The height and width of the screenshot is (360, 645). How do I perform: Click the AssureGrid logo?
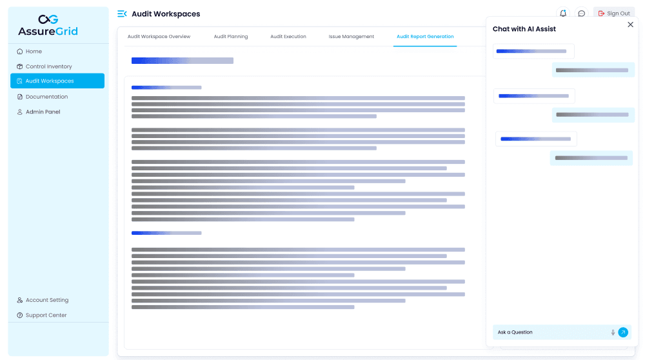[x=48, y=25]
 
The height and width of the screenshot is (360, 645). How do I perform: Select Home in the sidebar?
[x=34, y=52]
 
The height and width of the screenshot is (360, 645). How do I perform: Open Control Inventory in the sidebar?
[x=48, y=66]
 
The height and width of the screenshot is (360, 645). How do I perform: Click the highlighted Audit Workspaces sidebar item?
[x=57, y=81]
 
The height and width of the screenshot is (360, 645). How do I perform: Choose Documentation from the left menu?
[x=46, y=97]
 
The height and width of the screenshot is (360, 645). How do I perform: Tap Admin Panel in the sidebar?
[x=43, y=112]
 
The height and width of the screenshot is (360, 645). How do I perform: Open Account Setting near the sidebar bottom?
[x=46, y=300]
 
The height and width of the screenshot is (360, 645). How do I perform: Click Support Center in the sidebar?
[x=46, y=315]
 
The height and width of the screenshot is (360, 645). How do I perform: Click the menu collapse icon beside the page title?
[x=122, y=14]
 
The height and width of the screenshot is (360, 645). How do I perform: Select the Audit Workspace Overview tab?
[x=159, y=37]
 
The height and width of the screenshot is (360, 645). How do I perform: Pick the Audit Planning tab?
[x=231, y=37]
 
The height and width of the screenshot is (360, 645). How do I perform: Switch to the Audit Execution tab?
[x=288, y=37]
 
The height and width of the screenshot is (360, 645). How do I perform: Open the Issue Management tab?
[x=351, y=37]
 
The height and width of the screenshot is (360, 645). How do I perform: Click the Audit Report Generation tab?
[x=425, y=37]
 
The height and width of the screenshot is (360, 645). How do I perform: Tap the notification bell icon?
[x=563, y=14]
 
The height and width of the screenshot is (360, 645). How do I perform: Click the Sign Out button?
[x=614, y=14]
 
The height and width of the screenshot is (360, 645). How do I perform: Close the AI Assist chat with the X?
[x=630, y=25]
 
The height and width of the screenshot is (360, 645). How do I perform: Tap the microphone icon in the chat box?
[x=613, y=332]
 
